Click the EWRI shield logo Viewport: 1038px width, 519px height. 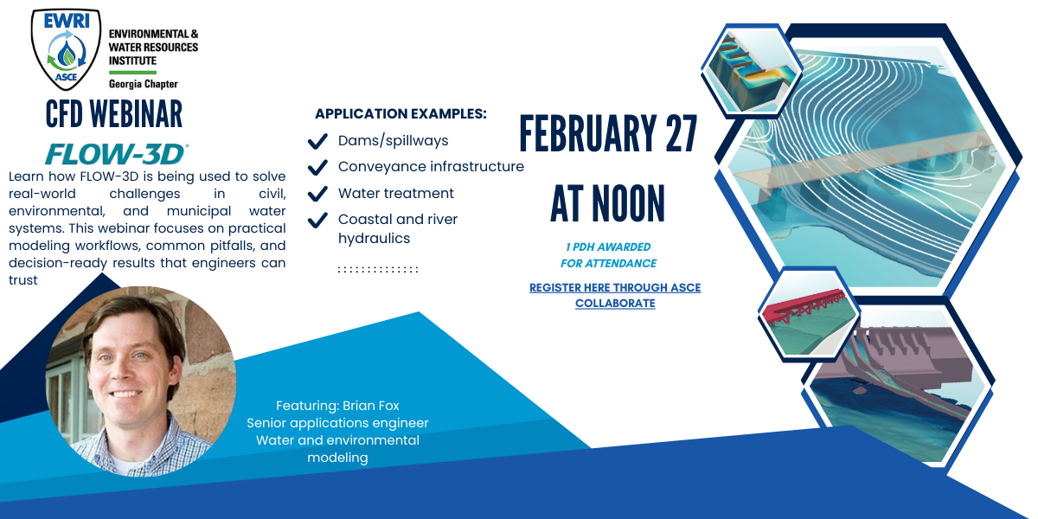(66, 48)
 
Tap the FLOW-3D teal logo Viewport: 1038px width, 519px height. (116, 154)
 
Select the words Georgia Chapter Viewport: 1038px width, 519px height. (144, 84)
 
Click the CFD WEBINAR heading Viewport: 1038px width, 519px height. (114, 114)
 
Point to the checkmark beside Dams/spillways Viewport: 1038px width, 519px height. (317, 141)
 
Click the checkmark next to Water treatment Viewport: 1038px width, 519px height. (317, 193)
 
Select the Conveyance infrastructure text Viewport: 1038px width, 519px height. (431, 166)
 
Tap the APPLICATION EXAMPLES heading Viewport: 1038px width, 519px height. (400, 113)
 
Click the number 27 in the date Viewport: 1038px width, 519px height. (682, 133)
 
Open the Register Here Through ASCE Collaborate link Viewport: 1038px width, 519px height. (615, 295)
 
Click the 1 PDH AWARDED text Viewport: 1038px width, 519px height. (608, 247)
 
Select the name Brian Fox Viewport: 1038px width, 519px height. (371, 406)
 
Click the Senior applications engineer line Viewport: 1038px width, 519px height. (337, 423)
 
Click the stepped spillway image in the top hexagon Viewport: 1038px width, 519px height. (751, 70)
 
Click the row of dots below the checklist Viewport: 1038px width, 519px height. (378, 269)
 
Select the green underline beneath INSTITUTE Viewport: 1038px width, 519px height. (132, 73)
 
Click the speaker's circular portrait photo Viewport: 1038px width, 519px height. (141, 381)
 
